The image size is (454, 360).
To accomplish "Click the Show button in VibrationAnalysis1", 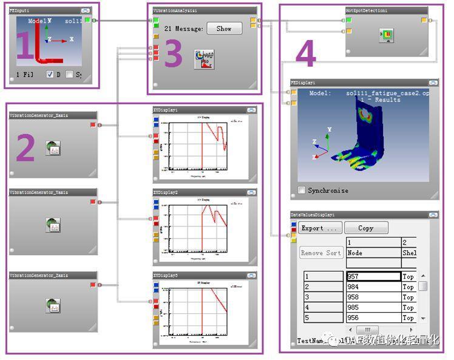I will click(224, 29).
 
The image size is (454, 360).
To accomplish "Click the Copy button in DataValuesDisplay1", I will click(365, 228).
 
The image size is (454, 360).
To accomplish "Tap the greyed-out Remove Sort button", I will click(321, 253).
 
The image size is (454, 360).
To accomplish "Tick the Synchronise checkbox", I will click(302, 191).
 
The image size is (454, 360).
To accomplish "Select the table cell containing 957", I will click(373, 276).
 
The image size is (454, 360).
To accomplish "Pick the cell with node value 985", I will click(373, 307).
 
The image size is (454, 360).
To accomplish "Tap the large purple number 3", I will click(173, 55).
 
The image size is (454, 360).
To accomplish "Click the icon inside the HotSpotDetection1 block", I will click(387, 36).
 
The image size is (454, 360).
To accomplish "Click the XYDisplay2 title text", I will click(166, 192).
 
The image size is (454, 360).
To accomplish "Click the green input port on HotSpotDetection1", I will click(348, 21).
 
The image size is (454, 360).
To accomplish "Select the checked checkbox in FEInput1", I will click(50, 75).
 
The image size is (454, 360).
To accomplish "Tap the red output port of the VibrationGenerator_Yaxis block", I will click(93, 202).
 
